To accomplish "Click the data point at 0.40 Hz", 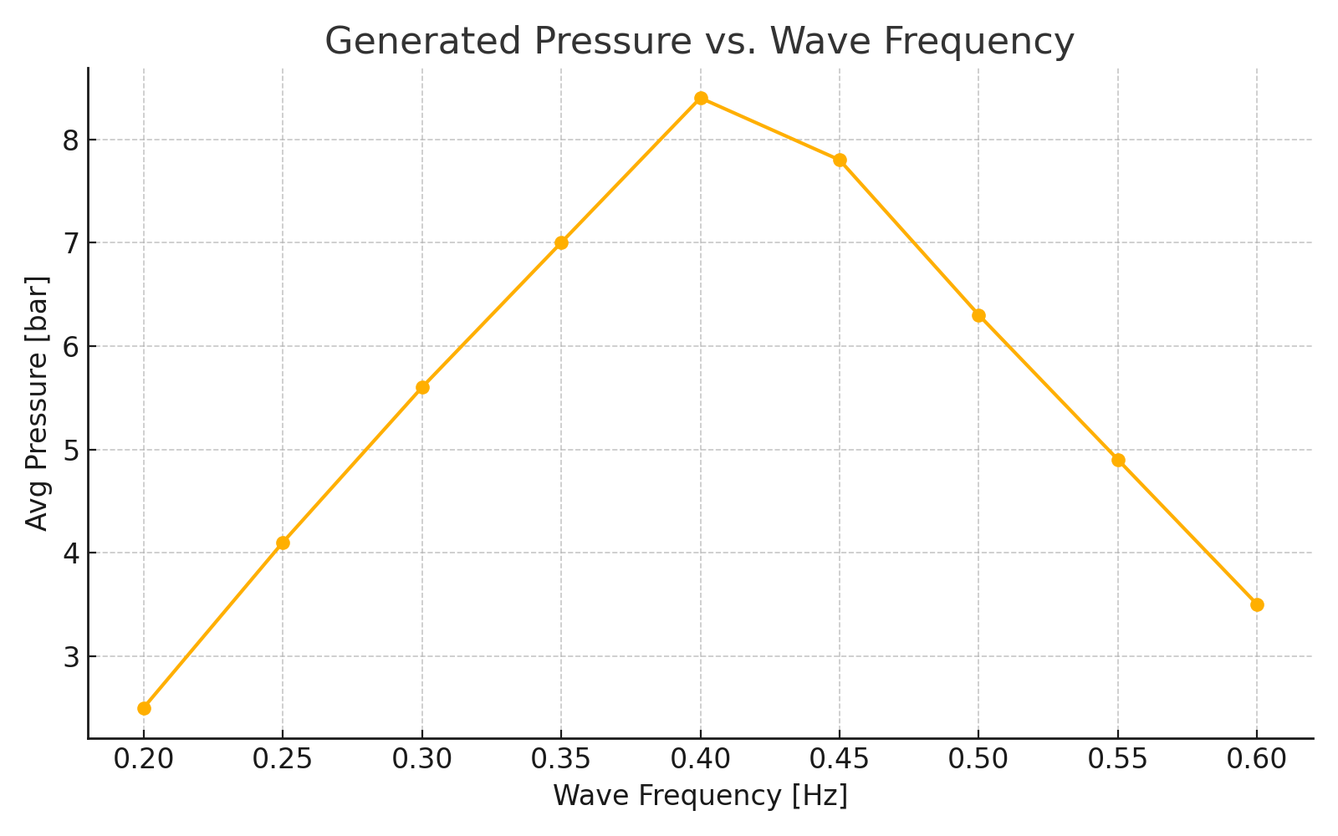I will pyautogui.click(x=701, y=98).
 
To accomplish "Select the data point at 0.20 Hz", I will pyautogui.click(x=144, y=708).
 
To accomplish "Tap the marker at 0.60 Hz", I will pyautogui.click(x=1257, y=604).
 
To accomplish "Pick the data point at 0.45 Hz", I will pyautogui.click(x=840, y=160).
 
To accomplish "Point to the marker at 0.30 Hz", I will pyautogui.click(x=422, y=387).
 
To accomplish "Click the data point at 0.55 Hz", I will pyautogui.click(x=1118, y=460).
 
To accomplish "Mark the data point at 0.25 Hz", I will pyautogui.click(x=283, y=543).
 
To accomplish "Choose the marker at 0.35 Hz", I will pyautogui.click(x=561, y=242).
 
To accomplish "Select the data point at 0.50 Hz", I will pyautogui.click(x=978, y=315).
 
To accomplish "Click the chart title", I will pyautogui.click(x=699, y=41).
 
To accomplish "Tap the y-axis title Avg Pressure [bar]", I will pyautogui.click(x=37, y=403).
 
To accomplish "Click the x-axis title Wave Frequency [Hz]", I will pyautogui.click(x=700, y=796).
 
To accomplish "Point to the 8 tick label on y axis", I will pyautogui.click(x=70, y=140).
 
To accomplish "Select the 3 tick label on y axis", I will pyautogui.click(x=70, y=656).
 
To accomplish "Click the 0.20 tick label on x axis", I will pyautogui.click(x=144, y=759).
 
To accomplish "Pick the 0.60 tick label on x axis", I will pyautogui.click(x=1257, y=759).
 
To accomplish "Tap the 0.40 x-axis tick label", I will pyautogui.click(x=701, y=759).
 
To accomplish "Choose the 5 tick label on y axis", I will pyautogui.click(x=70, y=450).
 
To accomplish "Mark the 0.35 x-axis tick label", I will pyautogui.click(x=561, y=759).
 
